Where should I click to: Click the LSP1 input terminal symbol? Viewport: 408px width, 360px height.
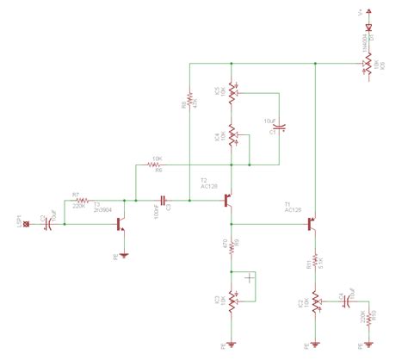coord(27,225)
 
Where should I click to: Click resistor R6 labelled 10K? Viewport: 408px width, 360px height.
coord(157,164)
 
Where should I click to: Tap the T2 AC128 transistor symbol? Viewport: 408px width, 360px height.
coord(229,201)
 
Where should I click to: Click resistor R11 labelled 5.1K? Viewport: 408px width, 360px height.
coord(316,260)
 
